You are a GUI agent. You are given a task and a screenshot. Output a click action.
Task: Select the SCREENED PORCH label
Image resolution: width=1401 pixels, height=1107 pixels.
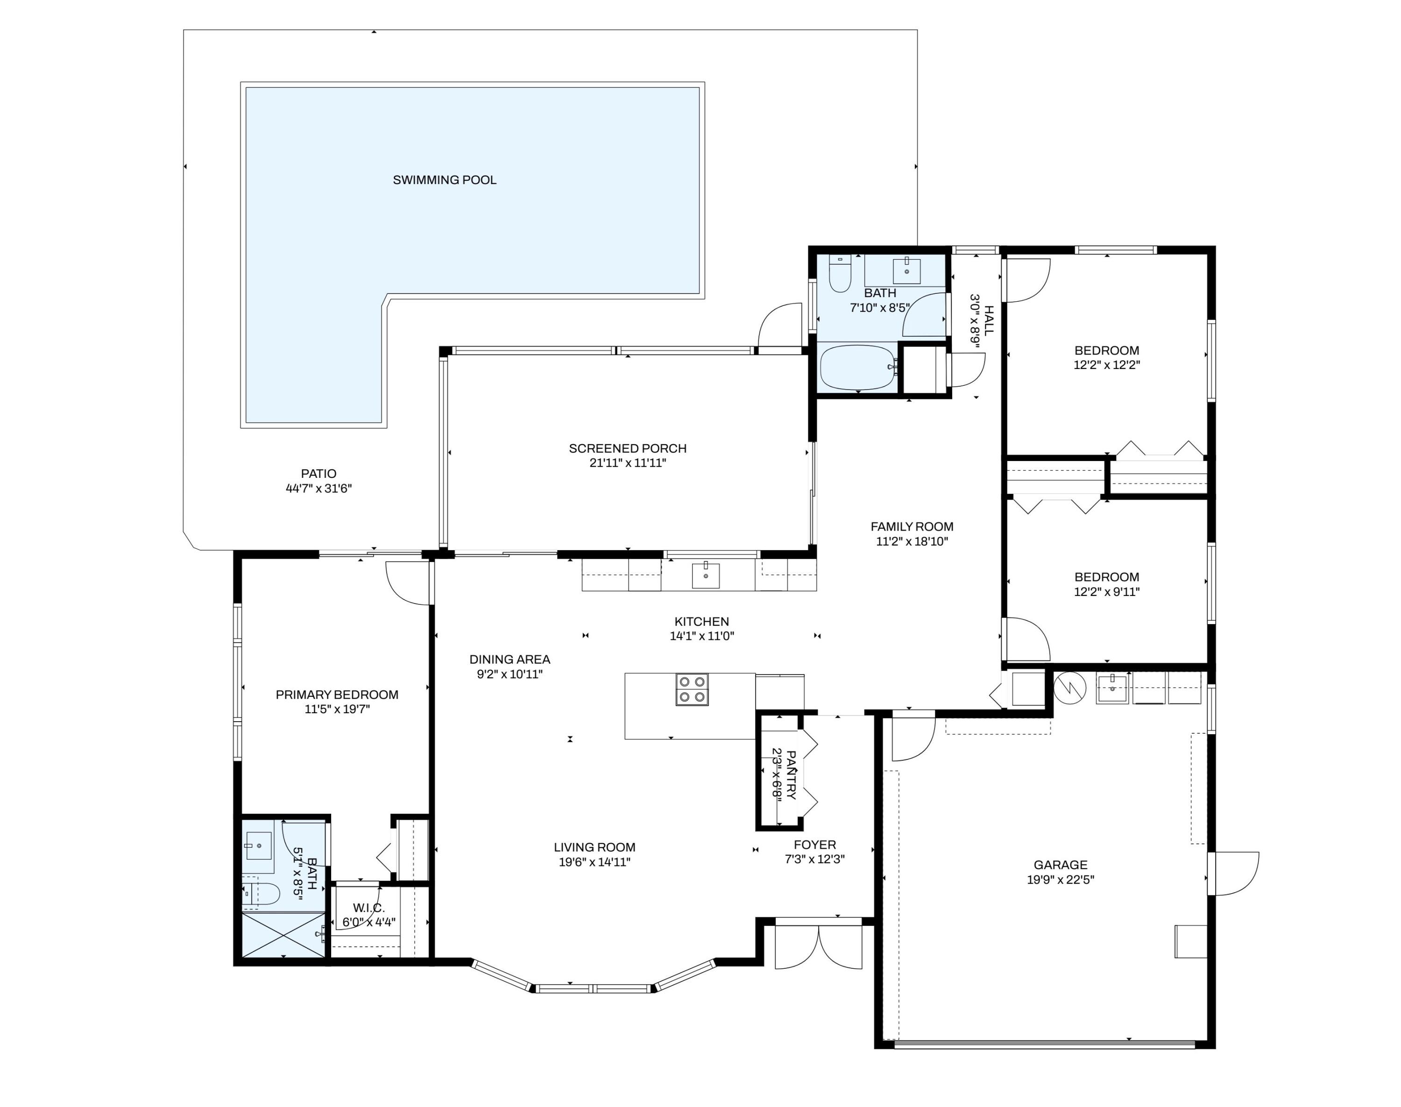tap(627, 448)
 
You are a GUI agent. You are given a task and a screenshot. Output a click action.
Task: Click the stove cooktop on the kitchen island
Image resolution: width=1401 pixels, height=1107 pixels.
tap(692, 689)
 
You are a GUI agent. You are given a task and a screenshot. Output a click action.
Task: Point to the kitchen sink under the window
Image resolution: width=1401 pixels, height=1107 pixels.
tap(705, 575)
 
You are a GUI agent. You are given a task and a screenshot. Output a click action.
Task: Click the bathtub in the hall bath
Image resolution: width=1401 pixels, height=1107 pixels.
tap(858, 368)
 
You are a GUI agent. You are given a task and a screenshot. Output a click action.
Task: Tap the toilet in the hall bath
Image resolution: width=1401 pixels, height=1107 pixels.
tap(840, 275)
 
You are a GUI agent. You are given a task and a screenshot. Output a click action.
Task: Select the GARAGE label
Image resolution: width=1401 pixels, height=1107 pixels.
tap(1060, 865)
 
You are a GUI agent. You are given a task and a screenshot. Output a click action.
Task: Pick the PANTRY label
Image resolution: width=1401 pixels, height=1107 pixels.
tap(791, 774)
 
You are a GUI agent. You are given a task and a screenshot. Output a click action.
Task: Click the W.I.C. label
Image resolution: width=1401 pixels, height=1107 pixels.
tap(369, 908)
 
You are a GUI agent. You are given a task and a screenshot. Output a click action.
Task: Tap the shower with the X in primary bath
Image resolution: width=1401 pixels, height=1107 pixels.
tap(283, 935)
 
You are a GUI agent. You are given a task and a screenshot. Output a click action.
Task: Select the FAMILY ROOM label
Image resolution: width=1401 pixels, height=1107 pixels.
tap(912, 527)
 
